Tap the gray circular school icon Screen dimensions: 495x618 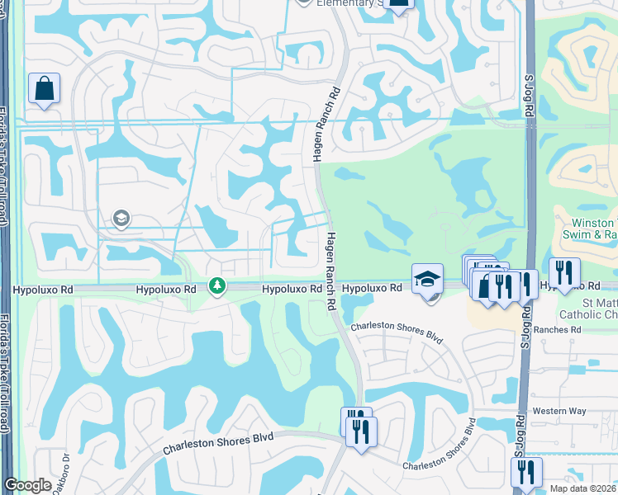[121, 219]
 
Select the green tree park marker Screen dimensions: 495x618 [217, 286]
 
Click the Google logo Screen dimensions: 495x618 [27, 485]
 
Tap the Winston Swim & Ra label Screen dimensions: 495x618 [596, 229]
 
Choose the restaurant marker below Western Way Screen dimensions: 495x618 [526, 473]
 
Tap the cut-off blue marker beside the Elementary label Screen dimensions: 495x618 [399, 5]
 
